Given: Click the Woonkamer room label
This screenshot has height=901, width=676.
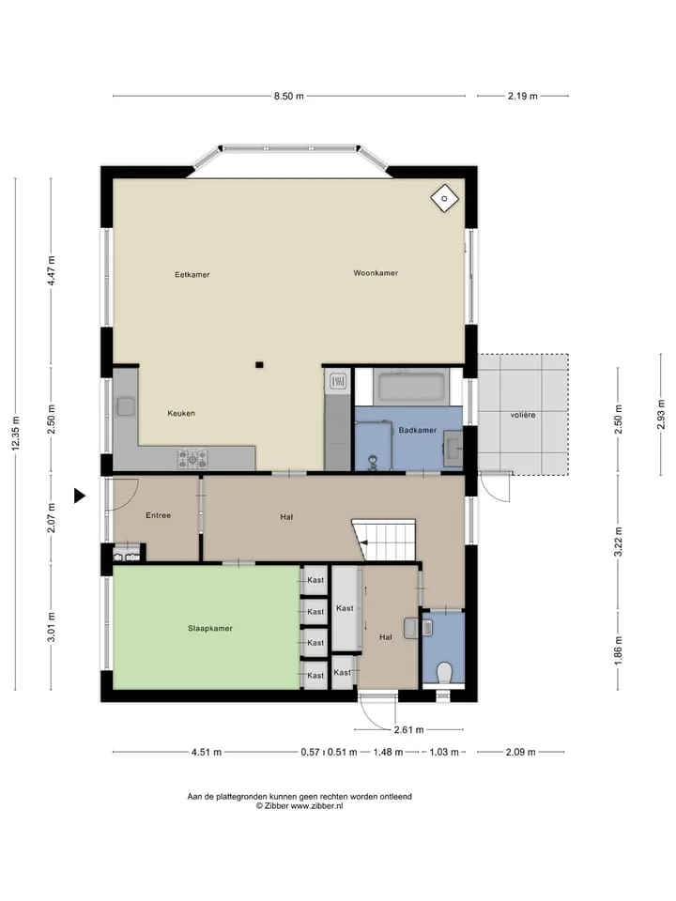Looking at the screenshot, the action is point(376,273).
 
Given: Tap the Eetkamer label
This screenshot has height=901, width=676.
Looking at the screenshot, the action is point(192,275).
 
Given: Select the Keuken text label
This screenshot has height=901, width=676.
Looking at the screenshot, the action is point(181,413).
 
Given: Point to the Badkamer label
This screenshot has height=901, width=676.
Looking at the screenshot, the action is point(417,430).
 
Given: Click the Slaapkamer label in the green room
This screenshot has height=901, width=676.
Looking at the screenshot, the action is point(209,628).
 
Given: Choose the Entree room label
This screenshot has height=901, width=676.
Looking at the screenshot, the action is point(158,515).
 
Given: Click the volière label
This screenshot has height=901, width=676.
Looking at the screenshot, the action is point(523,415).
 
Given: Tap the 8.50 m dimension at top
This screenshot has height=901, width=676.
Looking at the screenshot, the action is point(288,96).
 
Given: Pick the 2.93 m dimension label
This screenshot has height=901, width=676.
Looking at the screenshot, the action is point(661,414).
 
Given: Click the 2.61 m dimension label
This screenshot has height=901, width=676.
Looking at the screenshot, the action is point(408,730).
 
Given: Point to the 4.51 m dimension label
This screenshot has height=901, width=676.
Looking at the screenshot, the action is point(207,752).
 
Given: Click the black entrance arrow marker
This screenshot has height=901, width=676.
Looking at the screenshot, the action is point(79,496).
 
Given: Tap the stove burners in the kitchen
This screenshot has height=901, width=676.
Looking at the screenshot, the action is point(192,459).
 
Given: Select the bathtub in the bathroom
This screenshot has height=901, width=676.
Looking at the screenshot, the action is point(410,387).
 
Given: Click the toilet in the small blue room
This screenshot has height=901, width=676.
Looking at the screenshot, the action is point(444,672).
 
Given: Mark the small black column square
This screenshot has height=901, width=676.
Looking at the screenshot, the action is point(259,364).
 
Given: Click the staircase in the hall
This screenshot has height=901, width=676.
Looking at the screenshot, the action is point(384,540).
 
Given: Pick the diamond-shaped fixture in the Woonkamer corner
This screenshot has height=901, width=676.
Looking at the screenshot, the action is point(445,199).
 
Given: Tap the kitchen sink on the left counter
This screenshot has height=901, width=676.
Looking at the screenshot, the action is point(125,406).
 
